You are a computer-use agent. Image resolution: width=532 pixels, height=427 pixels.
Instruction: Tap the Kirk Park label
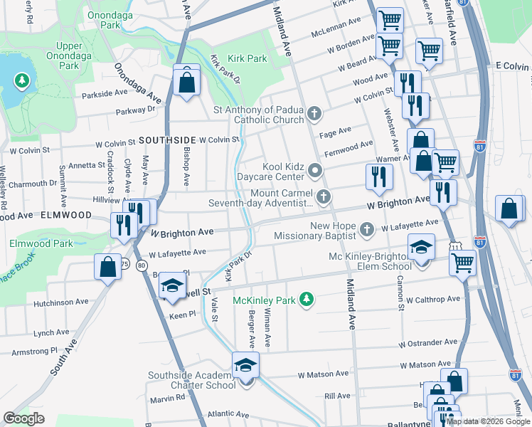tap(247, 59)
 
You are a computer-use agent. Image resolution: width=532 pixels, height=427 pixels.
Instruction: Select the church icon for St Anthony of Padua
tap(314, 114)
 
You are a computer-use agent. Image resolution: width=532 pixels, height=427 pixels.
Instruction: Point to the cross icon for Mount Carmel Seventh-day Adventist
tap(324, 197)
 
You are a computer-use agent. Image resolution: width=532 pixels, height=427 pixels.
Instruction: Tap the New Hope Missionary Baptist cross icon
tap(366, 229)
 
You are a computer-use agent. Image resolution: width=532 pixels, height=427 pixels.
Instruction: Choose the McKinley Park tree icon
tap(307, 300)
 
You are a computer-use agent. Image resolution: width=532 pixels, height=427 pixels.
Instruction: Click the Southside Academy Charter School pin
tap(245, 366)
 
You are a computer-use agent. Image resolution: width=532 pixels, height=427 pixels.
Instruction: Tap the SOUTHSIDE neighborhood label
tap(167, 140)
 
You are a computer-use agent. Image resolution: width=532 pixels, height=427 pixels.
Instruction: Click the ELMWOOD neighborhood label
tap(66, 214)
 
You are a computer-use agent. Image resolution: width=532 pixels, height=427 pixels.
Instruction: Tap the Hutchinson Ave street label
tap(60, 302)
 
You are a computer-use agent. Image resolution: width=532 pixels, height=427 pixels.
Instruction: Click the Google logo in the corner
tap(23, 418)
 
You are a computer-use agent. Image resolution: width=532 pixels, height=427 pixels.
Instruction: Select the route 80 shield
tap(142, 265)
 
